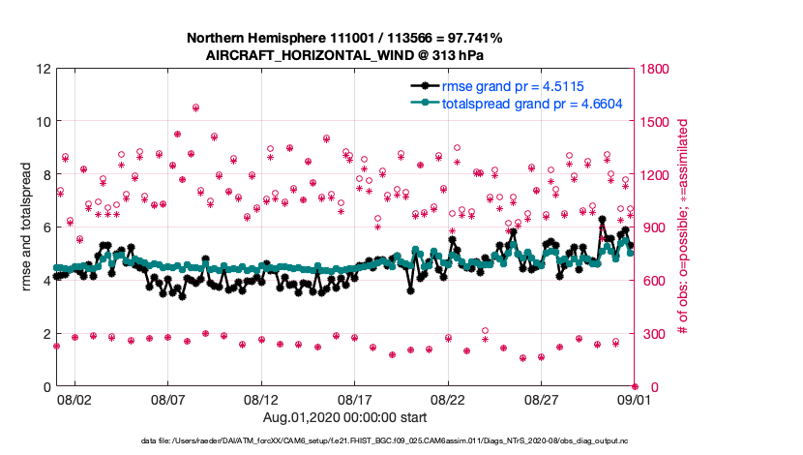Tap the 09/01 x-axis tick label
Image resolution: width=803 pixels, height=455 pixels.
coord(635,399)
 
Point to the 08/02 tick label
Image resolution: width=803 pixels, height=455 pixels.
coord(74,399)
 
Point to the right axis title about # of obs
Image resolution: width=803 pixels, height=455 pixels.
coord(683,227)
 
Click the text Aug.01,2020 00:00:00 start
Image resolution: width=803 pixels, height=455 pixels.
coord(344,417)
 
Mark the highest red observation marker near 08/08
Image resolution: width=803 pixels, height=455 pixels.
coord(195,107)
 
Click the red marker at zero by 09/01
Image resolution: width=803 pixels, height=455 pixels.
coord(635,386)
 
